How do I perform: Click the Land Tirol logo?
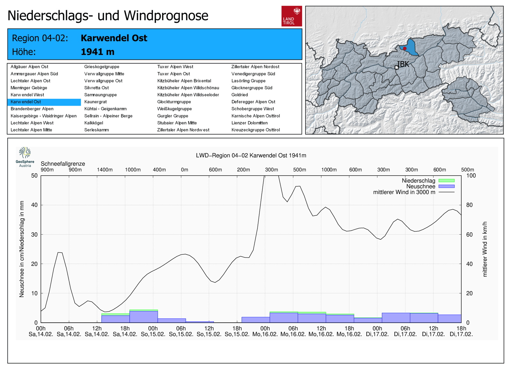291,16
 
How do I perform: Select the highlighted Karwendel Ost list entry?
26,102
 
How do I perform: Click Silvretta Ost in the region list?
96,88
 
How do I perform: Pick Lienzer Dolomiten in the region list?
249,123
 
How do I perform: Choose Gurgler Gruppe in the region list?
172,116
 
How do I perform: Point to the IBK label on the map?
403,64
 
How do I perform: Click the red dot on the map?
404,49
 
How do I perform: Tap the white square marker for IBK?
397,67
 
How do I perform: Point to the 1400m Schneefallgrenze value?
105,170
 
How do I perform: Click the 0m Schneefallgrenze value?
185,170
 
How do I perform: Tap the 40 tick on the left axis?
34,205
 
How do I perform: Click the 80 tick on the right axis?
469,205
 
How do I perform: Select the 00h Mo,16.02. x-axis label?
265,331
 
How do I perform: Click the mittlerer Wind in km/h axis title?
485,249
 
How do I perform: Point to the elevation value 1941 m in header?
98,52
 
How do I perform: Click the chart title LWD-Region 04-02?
251,155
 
